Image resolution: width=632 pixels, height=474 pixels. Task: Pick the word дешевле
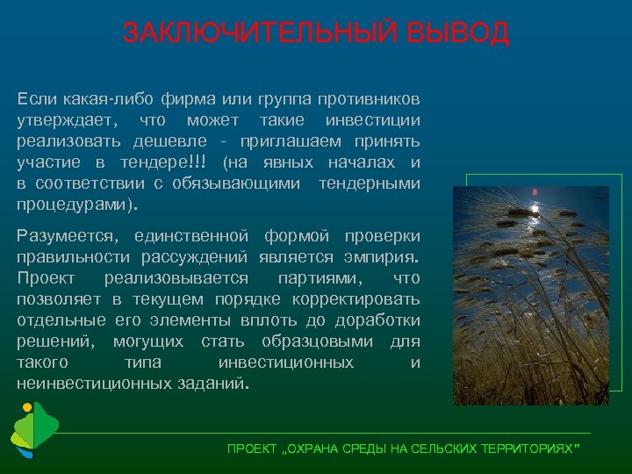coord(170,140)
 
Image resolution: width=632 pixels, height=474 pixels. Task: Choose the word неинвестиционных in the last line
coord(98,384)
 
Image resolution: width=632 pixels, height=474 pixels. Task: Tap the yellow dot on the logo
coord(27,408)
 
